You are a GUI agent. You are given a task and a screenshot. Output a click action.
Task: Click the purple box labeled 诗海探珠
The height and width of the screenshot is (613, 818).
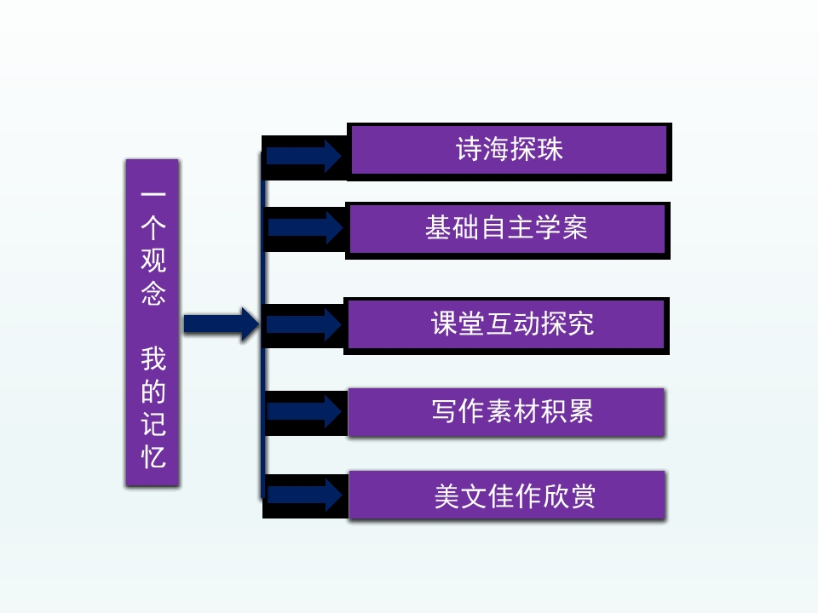509,151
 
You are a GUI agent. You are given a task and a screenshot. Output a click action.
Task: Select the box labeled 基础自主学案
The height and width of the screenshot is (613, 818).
507,229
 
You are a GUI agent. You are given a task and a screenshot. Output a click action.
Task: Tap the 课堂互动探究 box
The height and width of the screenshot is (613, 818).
506,324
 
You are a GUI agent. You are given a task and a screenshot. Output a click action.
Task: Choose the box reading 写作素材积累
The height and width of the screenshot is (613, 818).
506,412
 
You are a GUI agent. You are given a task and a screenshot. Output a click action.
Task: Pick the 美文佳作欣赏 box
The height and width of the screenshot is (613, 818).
507,496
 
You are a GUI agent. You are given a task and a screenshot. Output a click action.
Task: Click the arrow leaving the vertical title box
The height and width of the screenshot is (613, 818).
221,324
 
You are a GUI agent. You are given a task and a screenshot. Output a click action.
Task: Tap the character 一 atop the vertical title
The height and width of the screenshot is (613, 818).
153,195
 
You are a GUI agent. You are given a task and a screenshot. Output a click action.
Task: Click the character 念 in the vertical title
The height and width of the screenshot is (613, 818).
153,293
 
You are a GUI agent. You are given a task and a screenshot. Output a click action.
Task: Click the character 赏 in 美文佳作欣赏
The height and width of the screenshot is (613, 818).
581,496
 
